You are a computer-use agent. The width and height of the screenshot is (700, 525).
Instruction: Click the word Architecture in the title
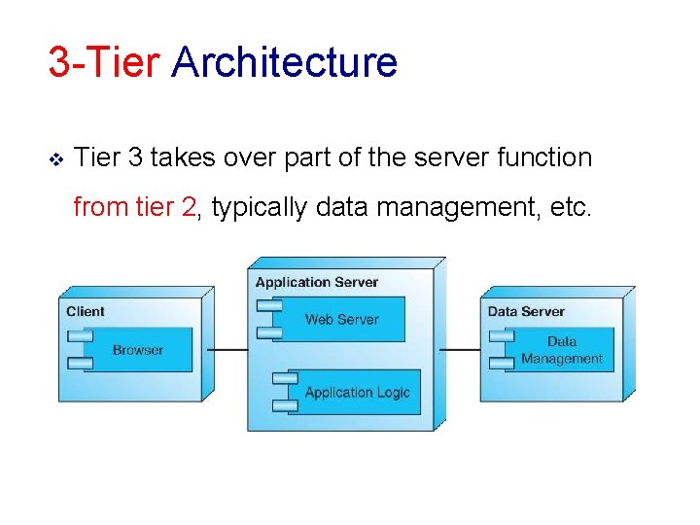(x=284, y=63)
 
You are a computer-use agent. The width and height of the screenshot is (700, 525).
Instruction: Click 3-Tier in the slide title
(x=104, y=63)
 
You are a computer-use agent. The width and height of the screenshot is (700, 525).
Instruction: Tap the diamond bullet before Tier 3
(x=56, y=157)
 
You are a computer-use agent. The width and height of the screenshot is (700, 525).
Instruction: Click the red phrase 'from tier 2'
(x=135, y=207)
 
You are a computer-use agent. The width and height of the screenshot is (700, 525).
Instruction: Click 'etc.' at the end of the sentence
(x=569, y=207)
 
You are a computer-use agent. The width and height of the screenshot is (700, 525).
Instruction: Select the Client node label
(x=86, y=311)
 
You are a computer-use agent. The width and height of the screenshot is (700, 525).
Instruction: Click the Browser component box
(x=138, y=350)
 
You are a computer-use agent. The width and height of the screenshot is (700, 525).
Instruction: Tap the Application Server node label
(x=317, y=282)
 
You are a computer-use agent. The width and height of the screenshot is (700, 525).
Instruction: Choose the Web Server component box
(x=341, y=320)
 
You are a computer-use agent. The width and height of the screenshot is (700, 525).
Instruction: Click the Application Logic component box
(x=357, y=393)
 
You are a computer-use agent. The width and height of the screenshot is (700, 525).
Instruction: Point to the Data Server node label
(x=526, y=311)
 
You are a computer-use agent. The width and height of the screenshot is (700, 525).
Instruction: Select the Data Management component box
(x=561, y=350)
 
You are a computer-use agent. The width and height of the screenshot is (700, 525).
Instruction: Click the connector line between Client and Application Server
(x=228, y=349)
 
